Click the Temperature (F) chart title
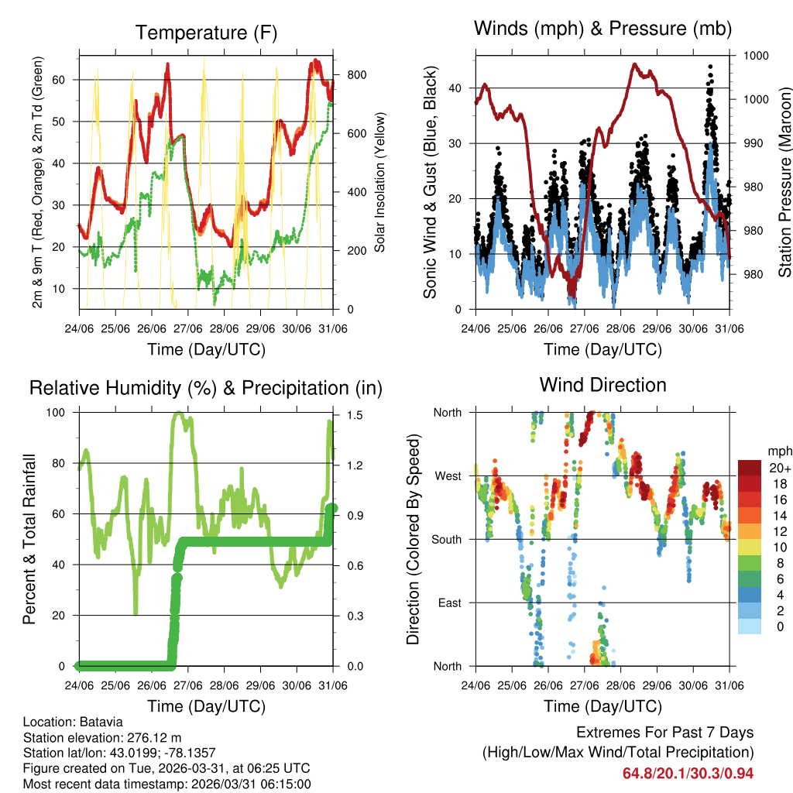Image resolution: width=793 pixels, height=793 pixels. tap(206, 33)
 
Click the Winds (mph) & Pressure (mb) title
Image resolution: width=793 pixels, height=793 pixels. tap(602, 29)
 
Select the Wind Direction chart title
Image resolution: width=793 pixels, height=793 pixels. tap(602, 384)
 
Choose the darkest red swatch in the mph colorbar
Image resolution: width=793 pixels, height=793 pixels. tap(749, 467)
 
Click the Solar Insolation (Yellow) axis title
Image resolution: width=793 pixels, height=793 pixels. tap(380, 182)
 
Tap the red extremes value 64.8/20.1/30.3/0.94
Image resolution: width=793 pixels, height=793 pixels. tap(688, 773)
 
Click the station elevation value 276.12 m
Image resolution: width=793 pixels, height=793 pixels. tap(135, 738)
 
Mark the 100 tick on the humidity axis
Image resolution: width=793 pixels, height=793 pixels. tap(61, 413)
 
